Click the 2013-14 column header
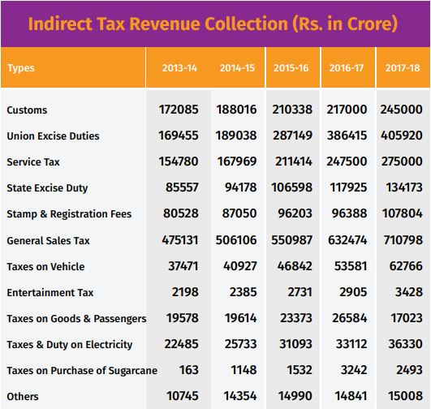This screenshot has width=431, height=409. pyautogui.click(x=179, y=68)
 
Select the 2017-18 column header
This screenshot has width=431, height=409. pyautogui.click(x=403, y=68)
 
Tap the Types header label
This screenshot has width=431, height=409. pyautogui.click(x=21, y=68)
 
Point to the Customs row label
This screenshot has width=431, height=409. pyautogui.click(x=27, y=110)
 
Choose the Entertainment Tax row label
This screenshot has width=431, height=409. pyautogui.click(x=50, y=292)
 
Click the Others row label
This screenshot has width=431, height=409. pyautogui.click(x=23, y=397)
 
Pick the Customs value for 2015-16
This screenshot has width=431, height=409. pyautogui.click(x=292, y=110)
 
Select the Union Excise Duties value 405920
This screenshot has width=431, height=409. pyautogui.click(x=402, y=136)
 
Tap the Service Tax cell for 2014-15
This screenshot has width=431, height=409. pyautogui.click(x=237, y=161)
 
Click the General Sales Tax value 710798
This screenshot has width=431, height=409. pyautogui.click(x=403, y=240)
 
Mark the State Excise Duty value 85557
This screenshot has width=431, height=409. pyautogui.click(x=182, y=187)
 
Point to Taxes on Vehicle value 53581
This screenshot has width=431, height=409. pyautogui.click(x=351, y=266)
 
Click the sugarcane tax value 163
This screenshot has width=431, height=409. pyautogui.click(x=189, y=370)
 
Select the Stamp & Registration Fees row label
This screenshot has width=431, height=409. pyautogui.click(x=69, y=214)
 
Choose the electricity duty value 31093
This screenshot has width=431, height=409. pyautogui.click(x=295, y=344)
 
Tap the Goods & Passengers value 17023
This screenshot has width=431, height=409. pyautogui.click(x=407, y=318)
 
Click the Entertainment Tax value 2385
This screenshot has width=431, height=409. pyautogui.click(x=244, y=292)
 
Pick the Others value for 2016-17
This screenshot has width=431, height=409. pyautogui.click(x=351, y=396)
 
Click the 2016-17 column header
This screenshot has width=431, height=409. pyautogui.click(x=347, y=68)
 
